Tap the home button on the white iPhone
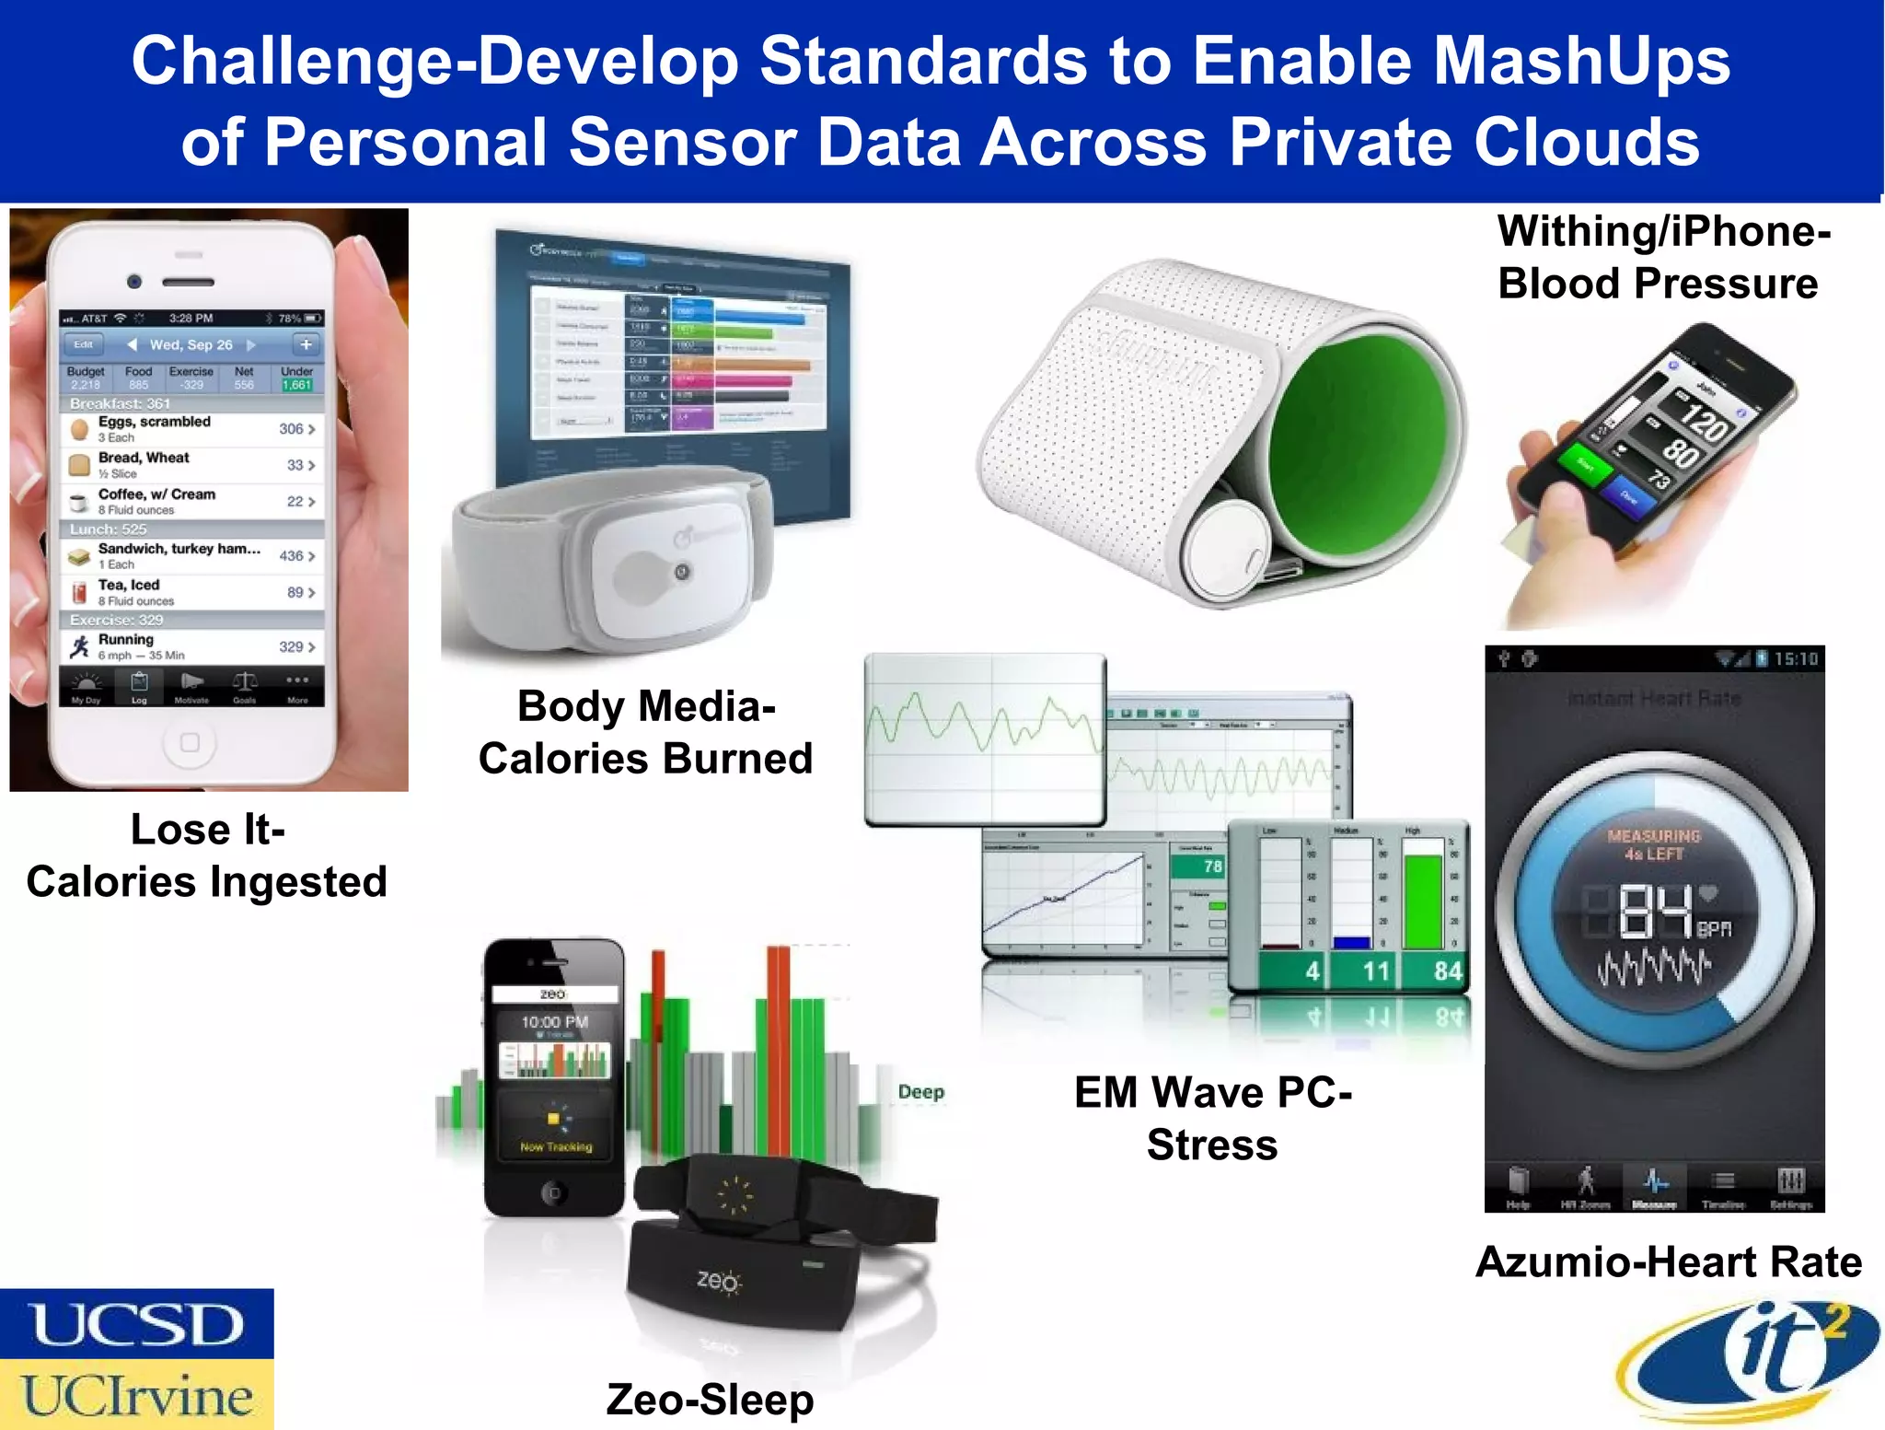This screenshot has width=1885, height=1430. [x=190, y=742]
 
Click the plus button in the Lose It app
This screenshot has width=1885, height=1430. [x=306, y=344]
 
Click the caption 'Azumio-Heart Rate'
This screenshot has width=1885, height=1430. [x=1668, y=1261]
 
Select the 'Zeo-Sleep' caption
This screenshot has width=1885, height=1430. [x=710, y=1400]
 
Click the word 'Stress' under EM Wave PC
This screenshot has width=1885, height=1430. [x=1212, y=1145]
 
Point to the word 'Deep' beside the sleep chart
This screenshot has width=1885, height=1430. [x=920, y=1092]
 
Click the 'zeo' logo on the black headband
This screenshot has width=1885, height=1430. [x=717, y=1280]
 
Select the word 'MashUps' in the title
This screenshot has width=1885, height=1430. [x=1581, y=62]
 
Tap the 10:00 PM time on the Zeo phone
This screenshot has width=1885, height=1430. [x=554, y=1022]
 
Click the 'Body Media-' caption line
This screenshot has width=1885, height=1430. [x=646, y=707]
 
